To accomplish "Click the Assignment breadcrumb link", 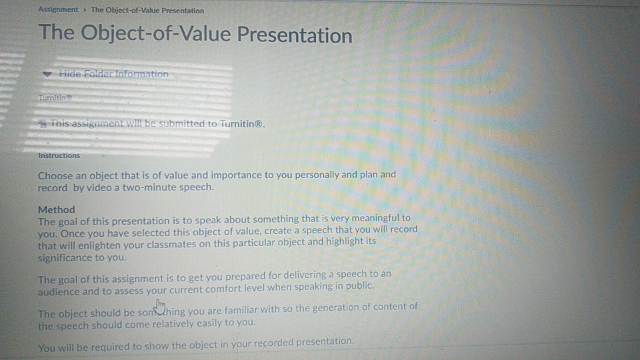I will coord(58,10).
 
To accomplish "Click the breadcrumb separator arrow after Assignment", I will coord(85,10).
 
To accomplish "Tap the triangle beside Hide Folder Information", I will coord(46,75).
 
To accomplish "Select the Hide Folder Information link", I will coord(113,74).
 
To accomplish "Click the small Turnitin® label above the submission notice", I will coord(54,97).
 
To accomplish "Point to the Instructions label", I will coord(59,155).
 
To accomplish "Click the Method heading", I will coord(57,209).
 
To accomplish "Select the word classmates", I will coord(247,241).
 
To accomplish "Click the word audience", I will coord(59,292).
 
